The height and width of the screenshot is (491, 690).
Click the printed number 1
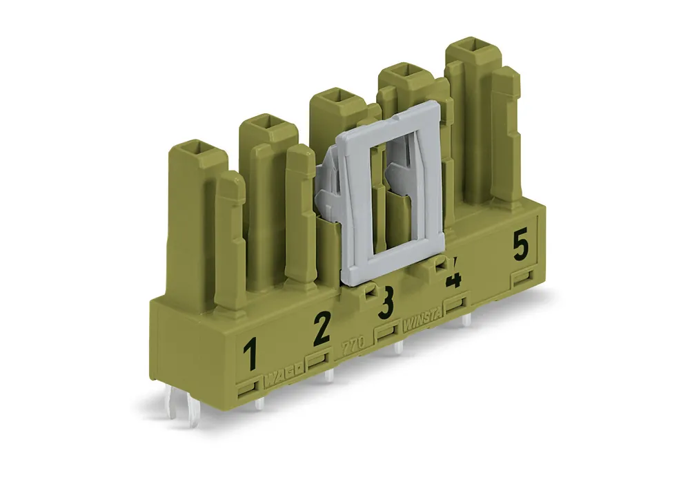tap(251, 354)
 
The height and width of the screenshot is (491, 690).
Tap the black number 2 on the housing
tap(321, 327)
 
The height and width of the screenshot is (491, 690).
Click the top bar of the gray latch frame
tap(390, 117)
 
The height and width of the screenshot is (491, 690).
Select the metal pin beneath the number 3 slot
tap(398, 346)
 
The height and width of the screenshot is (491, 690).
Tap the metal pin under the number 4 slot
tap(466, 319)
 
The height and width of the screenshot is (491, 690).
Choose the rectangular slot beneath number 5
tap(523, 278)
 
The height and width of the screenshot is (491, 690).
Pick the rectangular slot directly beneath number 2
tap(317, 360)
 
